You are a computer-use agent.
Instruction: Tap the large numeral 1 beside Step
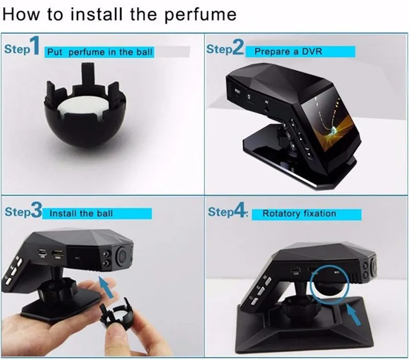[35, 45]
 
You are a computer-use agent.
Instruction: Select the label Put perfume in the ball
[99, 52]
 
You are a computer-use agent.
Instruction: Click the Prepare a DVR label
[288, 51]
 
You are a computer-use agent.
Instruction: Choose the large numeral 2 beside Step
[238, 47]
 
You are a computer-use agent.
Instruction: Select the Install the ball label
[81, 213]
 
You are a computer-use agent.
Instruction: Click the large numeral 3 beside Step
[36, 210]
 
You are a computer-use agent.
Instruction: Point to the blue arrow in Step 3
[106, 287]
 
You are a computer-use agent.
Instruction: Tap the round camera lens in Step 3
[122, 256]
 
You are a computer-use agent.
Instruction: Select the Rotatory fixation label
[299, 214]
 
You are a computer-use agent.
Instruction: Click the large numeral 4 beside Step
[239, 210]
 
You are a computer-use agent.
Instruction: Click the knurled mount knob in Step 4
[293, 307]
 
